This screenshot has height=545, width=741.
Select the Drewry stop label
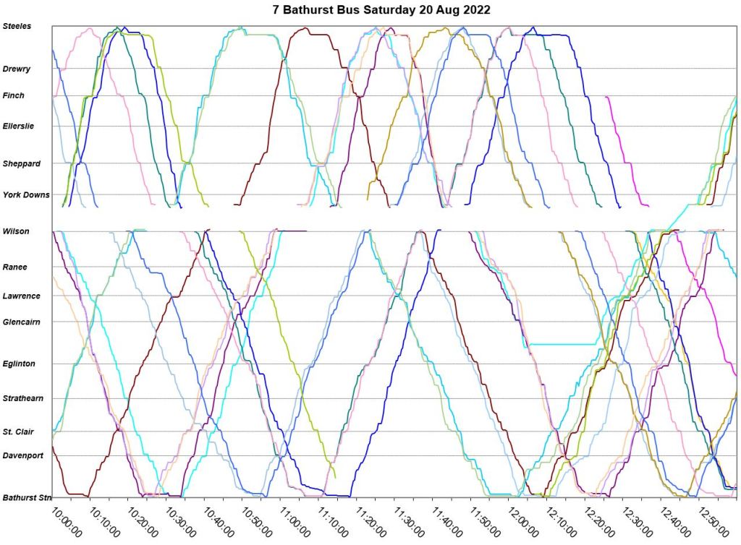tap(16, 69)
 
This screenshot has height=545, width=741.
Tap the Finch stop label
tap(14, 95)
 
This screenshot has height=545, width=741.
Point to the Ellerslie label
tap(18, 126)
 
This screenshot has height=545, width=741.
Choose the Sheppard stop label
tap(21, 163)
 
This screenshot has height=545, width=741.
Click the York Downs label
tap(26, 194)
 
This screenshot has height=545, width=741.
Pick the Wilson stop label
tap(16, 231)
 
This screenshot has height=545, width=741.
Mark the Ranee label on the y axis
tap(15, 267)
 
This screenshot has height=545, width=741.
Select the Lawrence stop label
tap(22, 296)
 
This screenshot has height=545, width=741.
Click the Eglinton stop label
tap(19, 364)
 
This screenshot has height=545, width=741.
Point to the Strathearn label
tap(23, 398)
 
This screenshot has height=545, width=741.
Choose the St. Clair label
tap(19, 432)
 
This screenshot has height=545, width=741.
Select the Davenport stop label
tap(23, 455)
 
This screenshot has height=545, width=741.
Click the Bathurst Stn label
tap(27, 497)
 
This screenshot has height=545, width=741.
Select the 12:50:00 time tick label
tap(713, 521)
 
